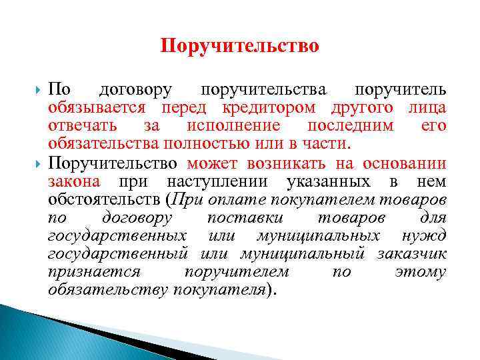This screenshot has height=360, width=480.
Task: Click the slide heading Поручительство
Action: pos(240,46)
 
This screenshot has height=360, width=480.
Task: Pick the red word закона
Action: pos(73,181)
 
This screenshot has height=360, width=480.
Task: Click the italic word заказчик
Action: pos(412,253)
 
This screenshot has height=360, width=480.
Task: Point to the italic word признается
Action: pos(95,271)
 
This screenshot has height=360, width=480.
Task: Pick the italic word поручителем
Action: pos(247,271)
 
